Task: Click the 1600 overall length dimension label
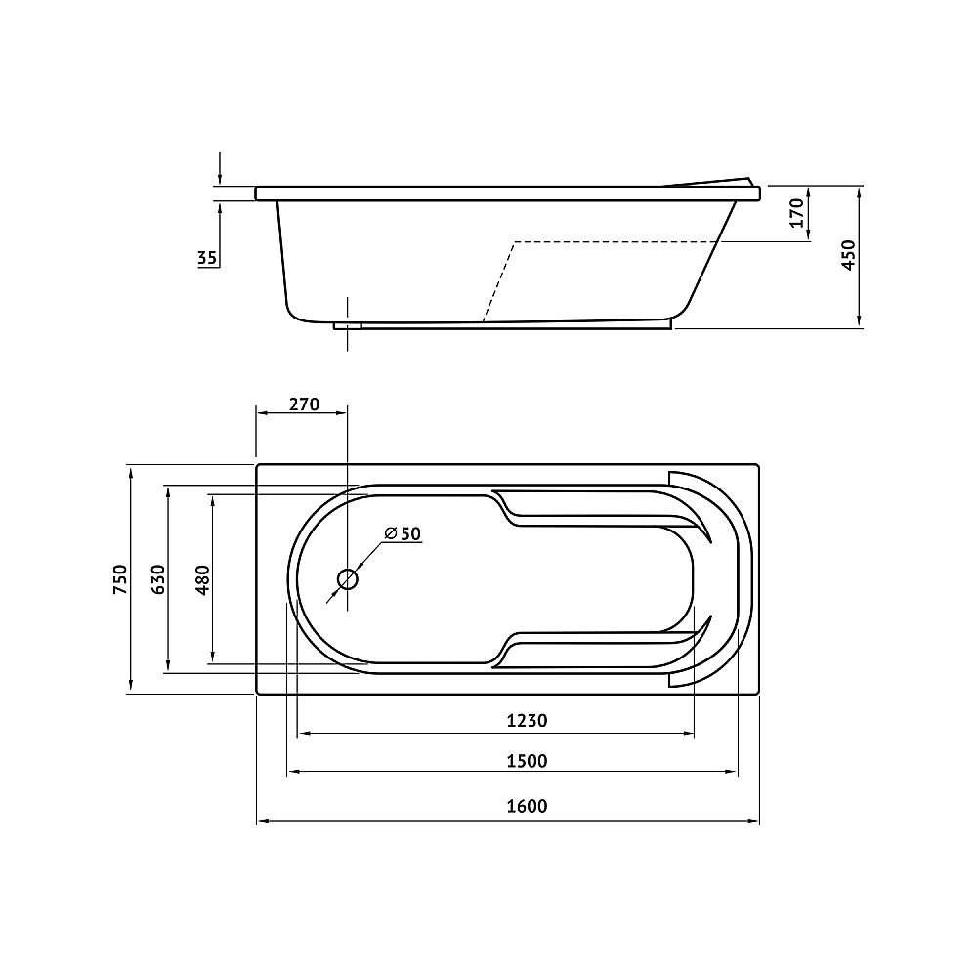527,806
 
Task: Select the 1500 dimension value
527,761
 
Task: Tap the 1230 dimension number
527,721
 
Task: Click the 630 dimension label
158,578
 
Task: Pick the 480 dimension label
203,579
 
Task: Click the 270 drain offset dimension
304,404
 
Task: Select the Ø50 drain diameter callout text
403,533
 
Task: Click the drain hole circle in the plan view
347,579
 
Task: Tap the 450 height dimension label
849,255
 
